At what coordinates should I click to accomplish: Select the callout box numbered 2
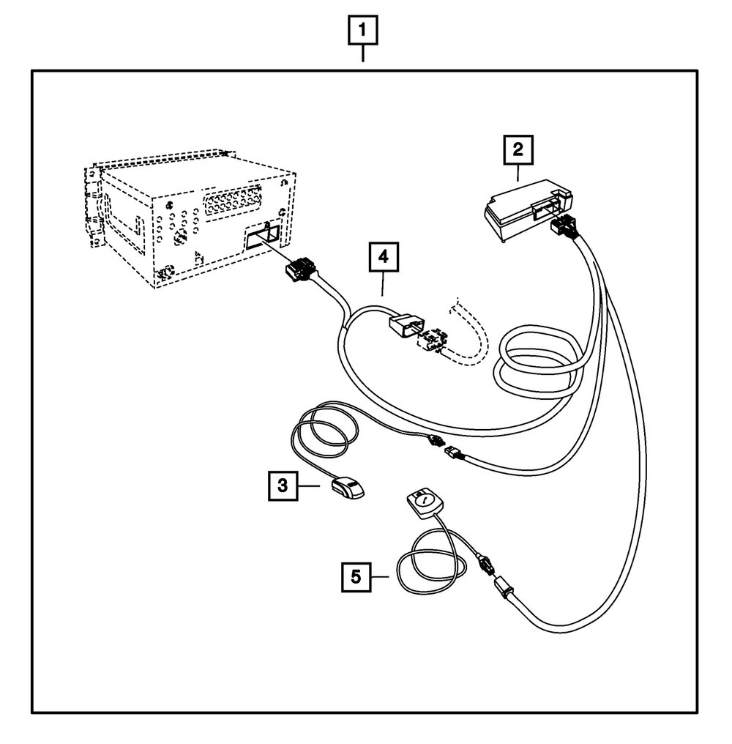coord(518,152)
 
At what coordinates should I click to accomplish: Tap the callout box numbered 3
coord(283,485)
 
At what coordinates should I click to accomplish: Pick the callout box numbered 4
coord(383,259)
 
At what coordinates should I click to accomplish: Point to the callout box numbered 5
coord(356,576)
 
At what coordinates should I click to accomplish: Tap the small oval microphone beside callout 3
coord(348,488)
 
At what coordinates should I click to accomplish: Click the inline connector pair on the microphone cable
coord(444,446)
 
